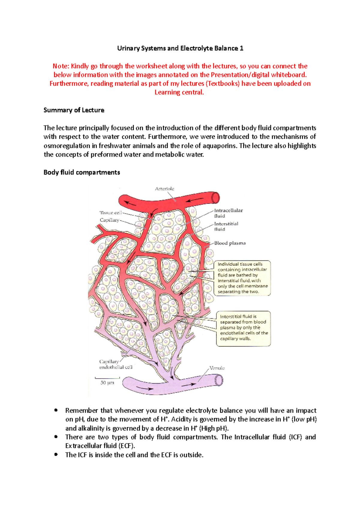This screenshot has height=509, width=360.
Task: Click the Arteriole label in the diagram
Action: [x=164, y=189]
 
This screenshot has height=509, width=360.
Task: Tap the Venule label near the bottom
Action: [x=217, y=368]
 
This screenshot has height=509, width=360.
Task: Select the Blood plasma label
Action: [x=230, y=243]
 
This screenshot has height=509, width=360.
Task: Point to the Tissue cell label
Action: [x=111, y=213]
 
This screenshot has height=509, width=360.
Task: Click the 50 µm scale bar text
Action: [x=107, y=383]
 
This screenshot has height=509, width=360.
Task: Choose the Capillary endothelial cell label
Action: [x=115, y=364]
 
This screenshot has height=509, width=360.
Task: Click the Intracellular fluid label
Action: [x=228, y=213]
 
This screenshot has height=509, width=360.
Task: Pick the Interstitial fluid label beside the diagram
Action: [x=226, y=226]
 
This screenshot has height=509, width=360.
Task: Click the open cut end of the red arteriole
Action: [x=215, y=198]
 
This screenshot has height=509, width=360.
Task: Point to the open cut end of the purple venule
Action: [x=219, y=381]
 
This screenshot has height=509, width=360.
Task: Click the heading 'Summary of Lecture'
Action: [x=74, y=110]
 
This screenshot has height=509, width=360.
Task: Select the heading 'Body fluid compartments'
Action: [x=82, y=172]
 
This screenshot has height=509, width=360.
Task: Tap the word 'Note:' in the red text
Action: [x=61, y=66]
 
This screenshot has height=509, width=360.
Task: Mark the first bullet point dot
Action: [x=55, y=410]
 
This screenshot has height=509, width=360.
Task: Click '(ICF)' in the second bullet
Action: [x=295, y=437]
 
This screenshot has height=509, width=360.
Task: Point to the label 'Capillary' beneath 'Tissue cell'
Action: [x=109, y=220]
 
